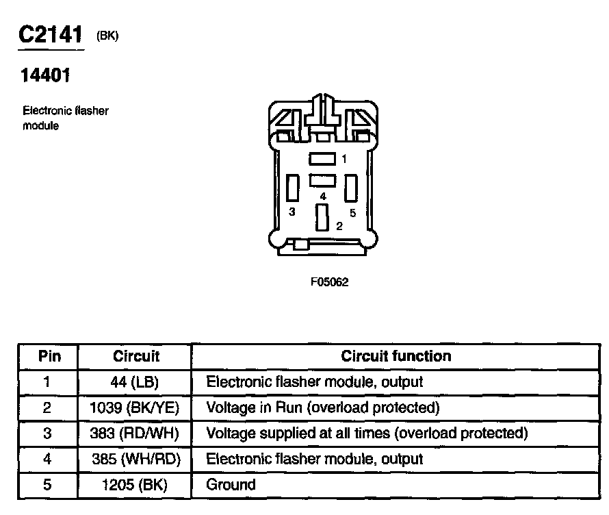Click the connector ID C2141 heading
51,36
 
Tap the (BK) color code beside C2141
107,37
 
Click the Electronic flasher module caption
66,118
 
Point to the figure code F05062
330,282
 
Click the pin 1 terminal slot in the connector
322,159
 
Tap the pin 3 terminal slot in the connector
293,188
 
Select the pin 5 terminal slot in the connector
352,188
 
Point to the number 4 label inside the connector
323,197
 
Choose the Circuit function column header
396,356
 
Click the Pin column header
49,356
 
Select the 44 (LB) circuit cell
135,381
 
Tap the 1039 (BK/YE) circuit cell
135,407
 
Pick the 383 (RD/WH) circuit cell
135,433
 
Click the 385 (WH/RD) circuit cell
135,459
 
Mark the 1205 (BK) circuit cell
135,485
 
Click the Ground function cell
231,485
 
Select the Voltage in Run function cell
322,407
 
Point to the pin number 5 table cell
47,485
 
